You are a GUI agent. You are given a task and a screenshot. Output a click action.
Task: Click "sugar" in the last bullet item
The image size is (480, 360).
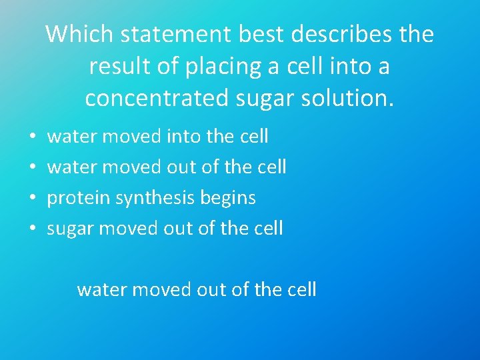pyautogui.click(x=70, y=229)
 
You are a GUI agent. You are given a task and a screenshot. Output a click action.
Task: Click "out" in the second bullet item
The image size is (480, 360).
pyautogui.click(x=182, y=167)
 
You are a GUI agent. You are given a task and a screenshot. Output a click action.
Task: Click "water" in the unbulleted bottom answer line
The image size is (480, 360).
pyautogui.click(x=101, y=290)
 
